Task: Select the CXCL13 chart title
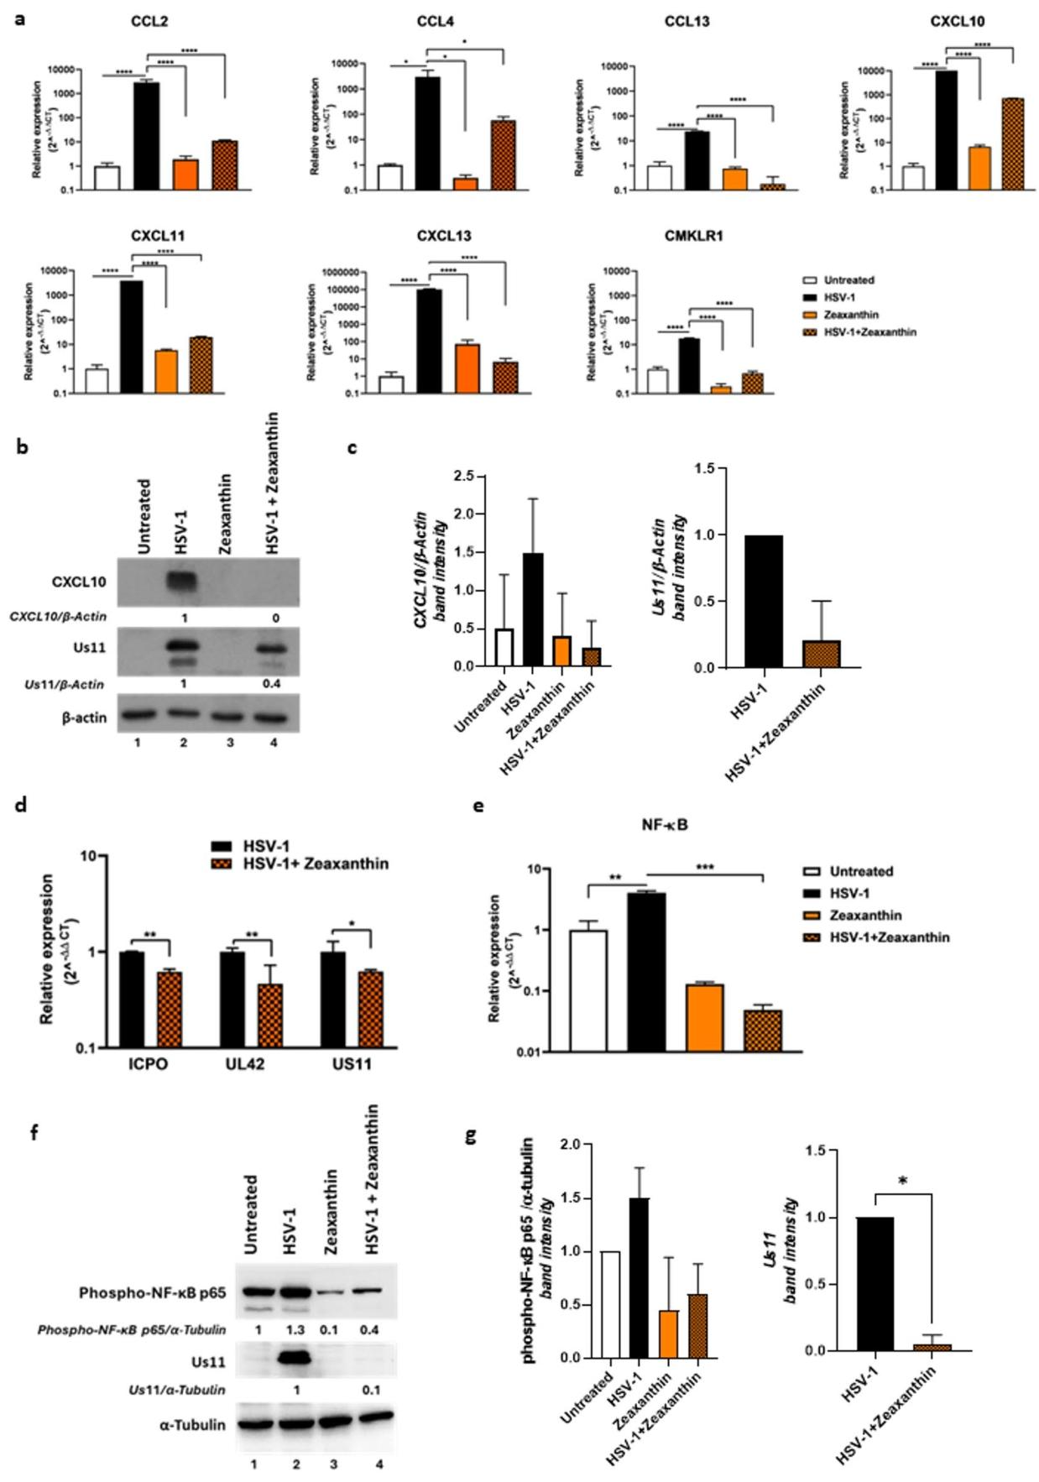(444, 237)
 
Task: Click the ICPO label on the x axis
(149, 1064)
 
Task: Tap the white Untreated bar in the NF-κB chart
(589, 990)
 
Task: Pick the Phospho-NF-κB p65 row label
(153, 1292)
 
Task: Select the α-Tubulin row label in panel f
(192, 1424)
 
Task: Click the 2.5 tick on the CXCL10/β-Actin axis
(461, 477)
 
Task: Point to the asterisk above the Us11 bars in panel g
(903, 1182)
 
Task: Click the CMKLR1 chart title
(693, 237)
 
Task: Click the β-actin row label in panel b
(84, 718)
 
